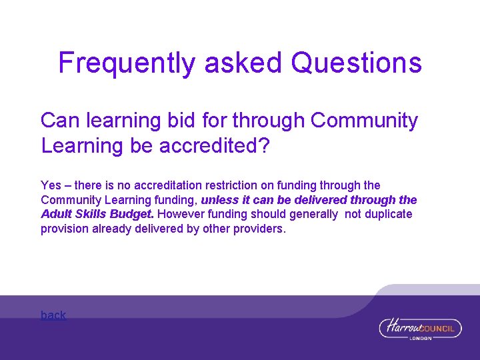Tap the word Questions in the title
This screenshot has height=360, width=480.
(x=357, y=63)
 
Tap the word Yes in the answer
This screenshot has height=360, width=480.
(x=51, y=185)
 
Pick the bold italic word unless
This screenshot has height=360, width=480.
(x=219, y=200)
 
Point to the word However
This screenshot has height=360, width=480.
(x=182, y=215)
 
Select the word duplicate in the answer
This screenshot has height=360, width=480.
(x=388, y=215)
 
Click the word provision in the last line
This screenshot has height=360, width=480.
(x=65, y=229)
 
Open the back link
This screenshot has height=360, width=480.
(x=53, y=315)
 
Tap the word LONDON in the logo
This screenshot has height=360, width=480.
(x=420, y=338)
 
